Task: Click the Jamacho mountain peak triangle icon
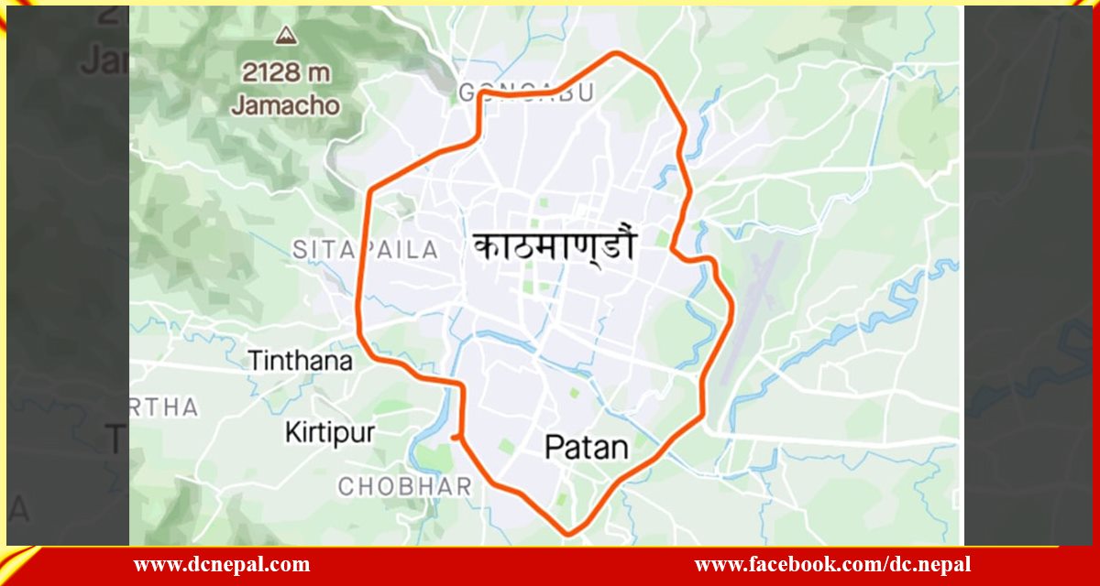click(285, 37)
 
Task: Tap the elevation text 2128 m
click(285, 71)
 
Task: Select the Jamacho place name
click(285, 105)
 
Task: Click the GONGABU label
click(526, 92)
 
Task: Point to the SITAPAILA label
click(366, 249)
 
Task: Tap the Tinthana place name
click(300, 361)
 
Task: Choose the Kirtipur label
click(329, 432)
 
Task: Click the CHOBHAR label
click(404, 486)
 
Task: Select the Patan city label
click(587, 448)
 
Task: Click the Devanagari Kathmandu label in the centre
click(555, 247)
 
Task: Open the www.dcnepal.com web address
click(222, 565)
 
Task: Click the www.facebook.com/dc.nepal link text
click(832, 565)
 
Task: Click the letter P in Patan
click(554, 448)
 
